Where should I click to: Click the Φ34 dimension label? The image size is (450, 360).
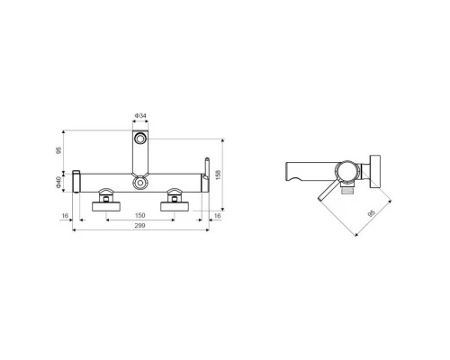point(140,116)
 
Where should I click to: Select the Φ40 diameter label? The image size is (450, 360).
point(58,183)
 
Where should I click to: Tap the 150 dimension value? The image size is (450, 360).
point(140,215)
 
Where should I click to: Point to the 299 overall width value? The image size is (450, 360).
point(140,226)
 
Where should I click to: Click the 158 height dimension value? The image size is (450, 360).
point(218,175)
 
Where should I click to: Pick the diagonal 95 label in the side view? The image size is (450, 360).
point(372,213)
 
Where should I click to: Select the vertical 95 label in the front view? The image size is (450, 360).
point(58,150)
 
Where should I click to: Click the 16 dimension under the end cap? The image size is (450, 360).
point(65,216)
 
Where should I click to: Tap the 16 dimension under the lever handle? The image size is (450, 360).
point(217,216)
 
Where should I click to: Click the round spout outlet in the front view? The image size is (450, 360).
point(139,139)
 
